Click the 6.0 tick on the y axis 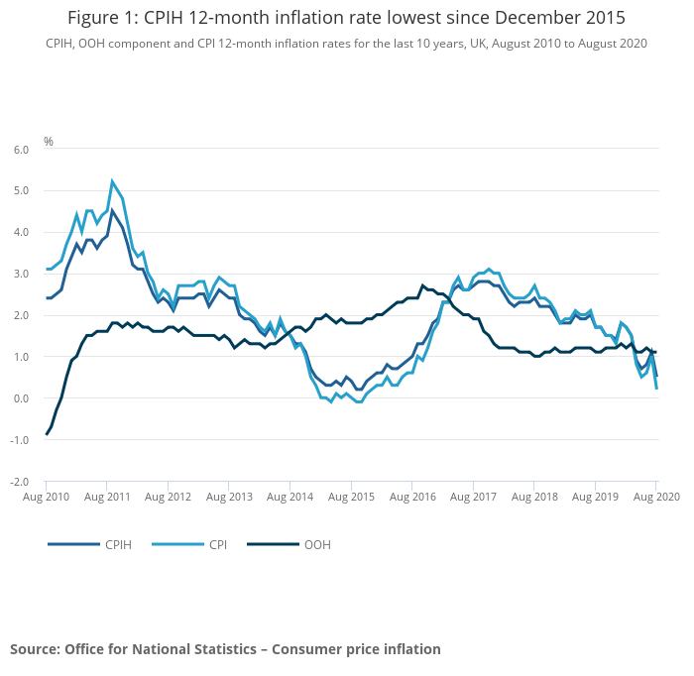point(21,149)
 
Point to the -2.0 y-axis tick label point(20,482)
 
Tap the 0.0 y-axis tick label point(21,398)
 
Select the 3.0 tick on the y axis point(21,274)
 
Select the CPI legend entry point(218,544)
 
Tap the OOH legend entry point(317,544)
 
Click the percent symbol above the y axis point(49,142)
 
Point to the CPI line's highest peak point(112,180)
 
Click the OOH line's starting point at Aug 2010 point(47,434)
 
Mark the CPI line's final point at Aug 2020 point(657,389)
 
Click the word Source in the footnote point(35,649)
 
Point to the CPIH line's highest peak point(112,210)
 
